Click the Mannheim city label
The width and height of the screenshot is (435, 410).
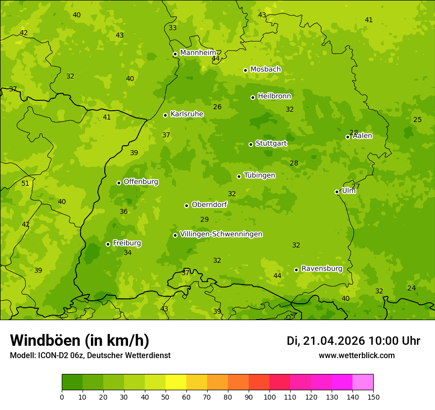pyautogui.click(x=198, y=53)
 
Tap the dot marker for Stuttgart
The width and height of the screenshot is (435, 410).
pyautogui.click(x=251, y=144)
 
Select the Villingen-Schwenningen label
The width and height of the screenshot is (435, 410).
pyautogui.click(x=221, y=234)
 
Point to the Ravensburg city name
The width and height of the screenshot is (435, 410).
pyautogui.click(x=322, y=269)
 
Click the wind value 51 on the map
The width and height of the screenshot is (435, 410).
pyautogui.click(x=25, y=183)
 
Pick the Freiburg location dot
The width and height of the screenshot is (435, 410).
pyautogui.click(x=108, y=244)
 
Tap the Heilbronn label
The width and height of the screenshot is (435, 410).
pyautogui.click(x=274, y=96)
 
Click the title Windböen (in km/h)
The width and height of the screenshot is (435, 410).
pyautogui.click(x=79, y=340)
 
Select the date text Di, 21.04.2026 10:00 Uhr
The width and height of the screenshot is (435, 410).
pyautogui.click(x=353, y=341)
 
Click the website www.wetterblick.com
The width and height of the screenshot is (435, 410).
pyautogui.click(x=356, y=355)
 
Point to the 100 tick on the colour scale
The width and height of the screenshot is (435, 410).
pyautogui.click(x=269, y=397)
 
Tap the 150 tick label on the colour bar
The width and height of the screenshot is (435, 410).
pyautogui.click(x=373, y=397)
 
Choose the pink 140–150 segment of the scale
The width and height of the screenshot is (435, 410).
pyautogui.click(x=363, y=382)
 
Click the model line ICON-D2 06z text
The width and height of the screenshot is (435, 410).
pyautogui.click(x=90, y=355)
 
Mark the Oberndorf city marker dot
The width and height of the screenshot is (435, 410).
pyautogui.click(x=186, y=205)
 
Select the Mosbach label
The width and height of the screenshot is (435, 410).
pyautogui.click(x=265, y=70)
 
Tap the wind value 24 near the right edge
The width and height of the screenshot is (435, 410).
pyautogui.click(x=411, y=288)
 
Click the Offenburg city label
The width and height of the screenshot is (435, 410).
pyautogui.click(x=141, y=182)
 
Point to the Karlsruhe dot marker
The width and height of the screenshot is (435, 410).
pyautogui.click(x=165, y=115)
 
